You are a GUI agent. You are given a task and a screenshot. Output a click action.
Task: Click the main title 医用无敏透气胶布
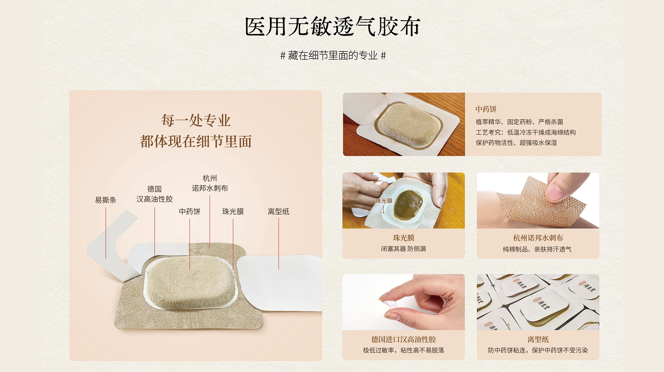(332, 27)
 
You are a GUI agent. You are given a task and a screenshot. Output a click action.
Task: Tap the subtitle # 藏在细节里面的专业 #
(333, 55)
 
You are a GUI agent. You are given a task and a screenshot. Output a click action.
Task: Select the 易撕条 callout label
(105, 200)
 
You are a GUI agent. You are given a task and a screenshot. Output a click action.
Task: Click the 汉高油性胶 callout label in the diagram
(154, 199)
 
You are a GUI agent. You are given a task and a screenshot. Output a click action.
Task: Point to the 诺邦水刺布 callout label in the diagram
(210, 188)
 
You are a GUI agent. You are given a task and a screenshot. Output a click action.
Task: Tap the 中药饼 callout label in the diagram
(190, 211)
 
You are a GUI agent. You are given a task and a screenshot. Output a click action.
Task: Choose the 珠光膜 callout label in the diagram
(233, 211)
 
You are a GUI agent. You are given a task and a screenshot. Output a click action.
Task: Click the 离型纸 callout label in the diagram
(278, 211)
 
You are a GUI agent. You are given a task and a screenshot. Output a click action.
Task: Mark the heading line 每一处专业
(196, 120)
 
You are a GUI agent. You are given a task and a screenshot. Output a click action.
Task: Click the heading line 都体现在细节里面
(196, 141)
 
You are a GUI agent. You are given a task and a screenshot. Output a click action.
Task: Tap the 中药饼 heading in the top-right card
(486, 109)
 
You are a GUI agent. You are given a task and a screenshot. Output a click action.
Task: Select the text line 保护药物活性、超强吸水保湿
(516, 143)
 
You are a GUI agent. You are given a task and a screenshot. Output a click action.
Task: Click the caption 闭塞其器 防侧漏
(404, 249)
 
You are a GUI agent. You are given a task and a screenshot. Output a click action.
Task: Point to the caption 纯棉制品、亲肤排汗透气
(537, 249)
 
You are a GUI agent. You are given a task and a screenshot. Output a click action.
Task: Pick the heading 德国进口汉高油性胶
(404, 340)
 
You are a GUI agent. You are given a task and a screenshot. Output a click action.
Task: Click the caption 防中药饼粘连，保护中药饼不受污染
(538, 350)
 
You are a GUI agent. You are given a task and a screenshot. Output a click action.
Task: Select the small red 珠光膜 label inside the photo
(384, 201)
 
